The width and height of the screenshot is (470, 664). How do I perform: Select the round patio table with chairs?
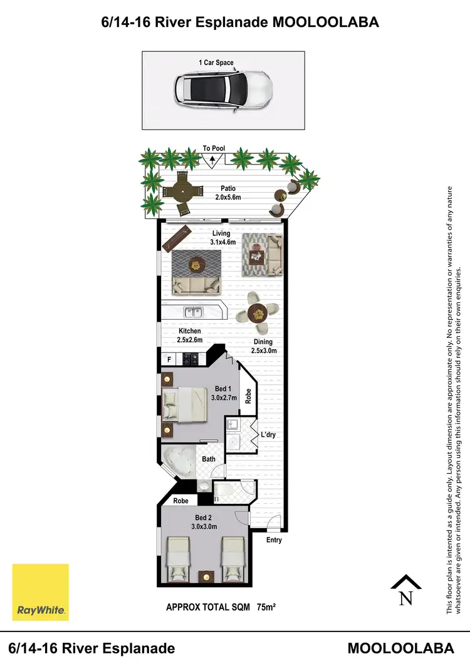point(182,192)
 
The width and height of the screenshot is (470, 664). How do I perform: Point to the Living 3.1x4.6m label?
point(221,238)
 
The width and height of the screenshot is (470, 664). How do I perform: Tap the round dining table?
point(258,312)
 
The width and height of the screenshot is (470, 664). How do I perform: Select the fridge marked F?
point(169,359)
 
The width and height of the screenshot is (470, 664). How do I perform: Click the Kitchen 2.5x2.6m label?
point(190,335)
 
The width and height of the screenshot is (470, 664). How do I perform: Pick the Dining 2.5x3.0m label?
point(264,346)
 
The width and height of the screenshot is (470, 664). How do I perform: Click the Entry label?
point(274,540)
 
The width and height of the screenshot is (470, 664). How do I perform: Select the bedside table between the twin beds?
point(204,576)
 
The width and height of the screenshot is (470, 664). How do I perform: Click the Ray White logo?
point(41,591)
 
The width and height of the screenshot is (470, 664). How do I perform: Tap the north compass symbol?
point(405,591)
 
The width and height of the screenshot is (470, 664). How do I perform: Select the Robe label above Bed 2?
point(181,501)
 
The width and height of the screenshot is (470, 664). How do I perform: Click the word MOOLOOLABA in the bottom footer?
point(400,648)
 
